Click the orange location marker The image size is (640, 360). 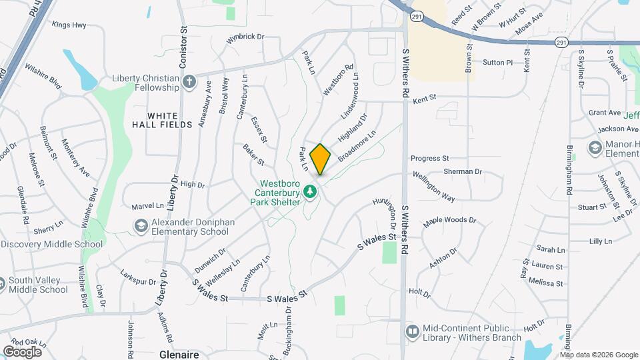point(321,159)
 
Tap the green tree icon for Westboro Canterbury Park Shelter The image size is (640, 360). point(309,193)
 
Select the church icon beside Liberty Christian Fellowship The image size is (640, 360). point(189,82)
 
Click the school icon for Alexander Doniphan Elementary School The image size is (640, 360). point(141,227)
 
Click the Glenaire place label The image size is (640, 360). point(180,355)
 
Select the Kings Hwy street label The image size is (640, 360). point(69,25)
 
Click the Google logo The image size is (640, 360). point(22,352)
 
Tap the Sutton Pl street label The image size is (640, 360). point(497,62)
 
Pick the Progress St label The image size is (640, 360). point(429,159)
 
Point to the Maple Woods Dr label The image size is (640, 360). point(450,219)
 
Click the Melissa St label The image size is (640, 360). point(545,283)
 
